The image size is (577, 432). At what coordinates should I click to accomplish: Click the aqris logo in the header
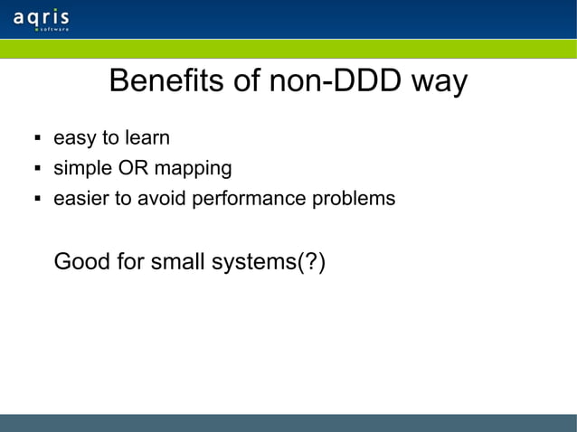[x=42, y=19]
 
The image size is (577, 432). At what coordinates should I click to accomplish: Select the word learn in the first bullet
[x=148, y=139]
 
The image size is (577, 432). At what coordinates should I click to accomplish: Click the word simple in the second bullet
[x=78, y=168]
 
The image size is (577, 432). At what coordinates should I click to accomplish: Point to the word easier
[x=80, y=197]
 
